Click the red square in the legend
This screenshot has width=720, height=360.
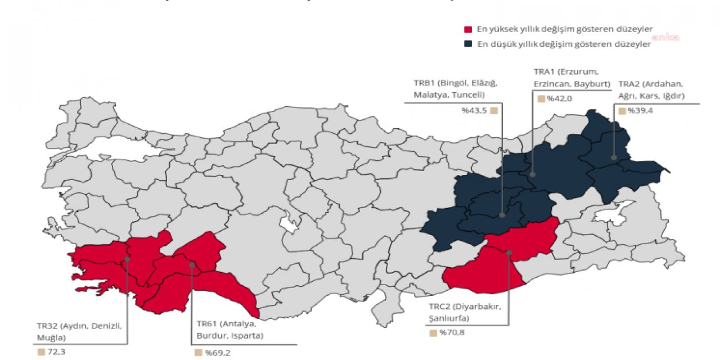pos(467,29)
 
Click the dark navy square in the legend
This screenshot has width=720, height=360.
pos(467,44)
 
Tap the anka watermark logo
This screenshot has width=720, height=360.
pos(665,37)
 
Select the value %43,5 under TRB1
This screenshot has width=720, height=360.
pos(474,111)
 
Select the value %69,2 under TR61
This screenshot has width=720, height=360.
pos(217,353)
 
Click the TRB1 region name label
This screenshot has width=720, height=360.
pos(456,89)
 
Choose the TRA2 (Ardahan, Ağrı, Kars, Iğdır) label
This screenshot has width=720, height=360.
pos(651,90)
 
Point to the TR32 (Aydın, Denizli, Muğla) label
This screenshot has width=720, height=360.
pos(79,332)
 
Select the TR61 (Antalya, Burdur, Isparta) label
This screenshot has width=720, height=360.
pos(229,330)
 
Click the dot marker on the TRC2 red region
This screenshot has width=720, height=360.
pos(508,253)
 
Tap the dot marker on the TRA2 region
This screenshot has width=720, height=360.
pos(614,158)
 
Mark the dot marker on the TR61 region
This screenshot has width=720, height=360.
pos(192,264)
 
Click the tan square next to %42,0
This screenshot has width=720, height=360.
pos(541,98)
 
